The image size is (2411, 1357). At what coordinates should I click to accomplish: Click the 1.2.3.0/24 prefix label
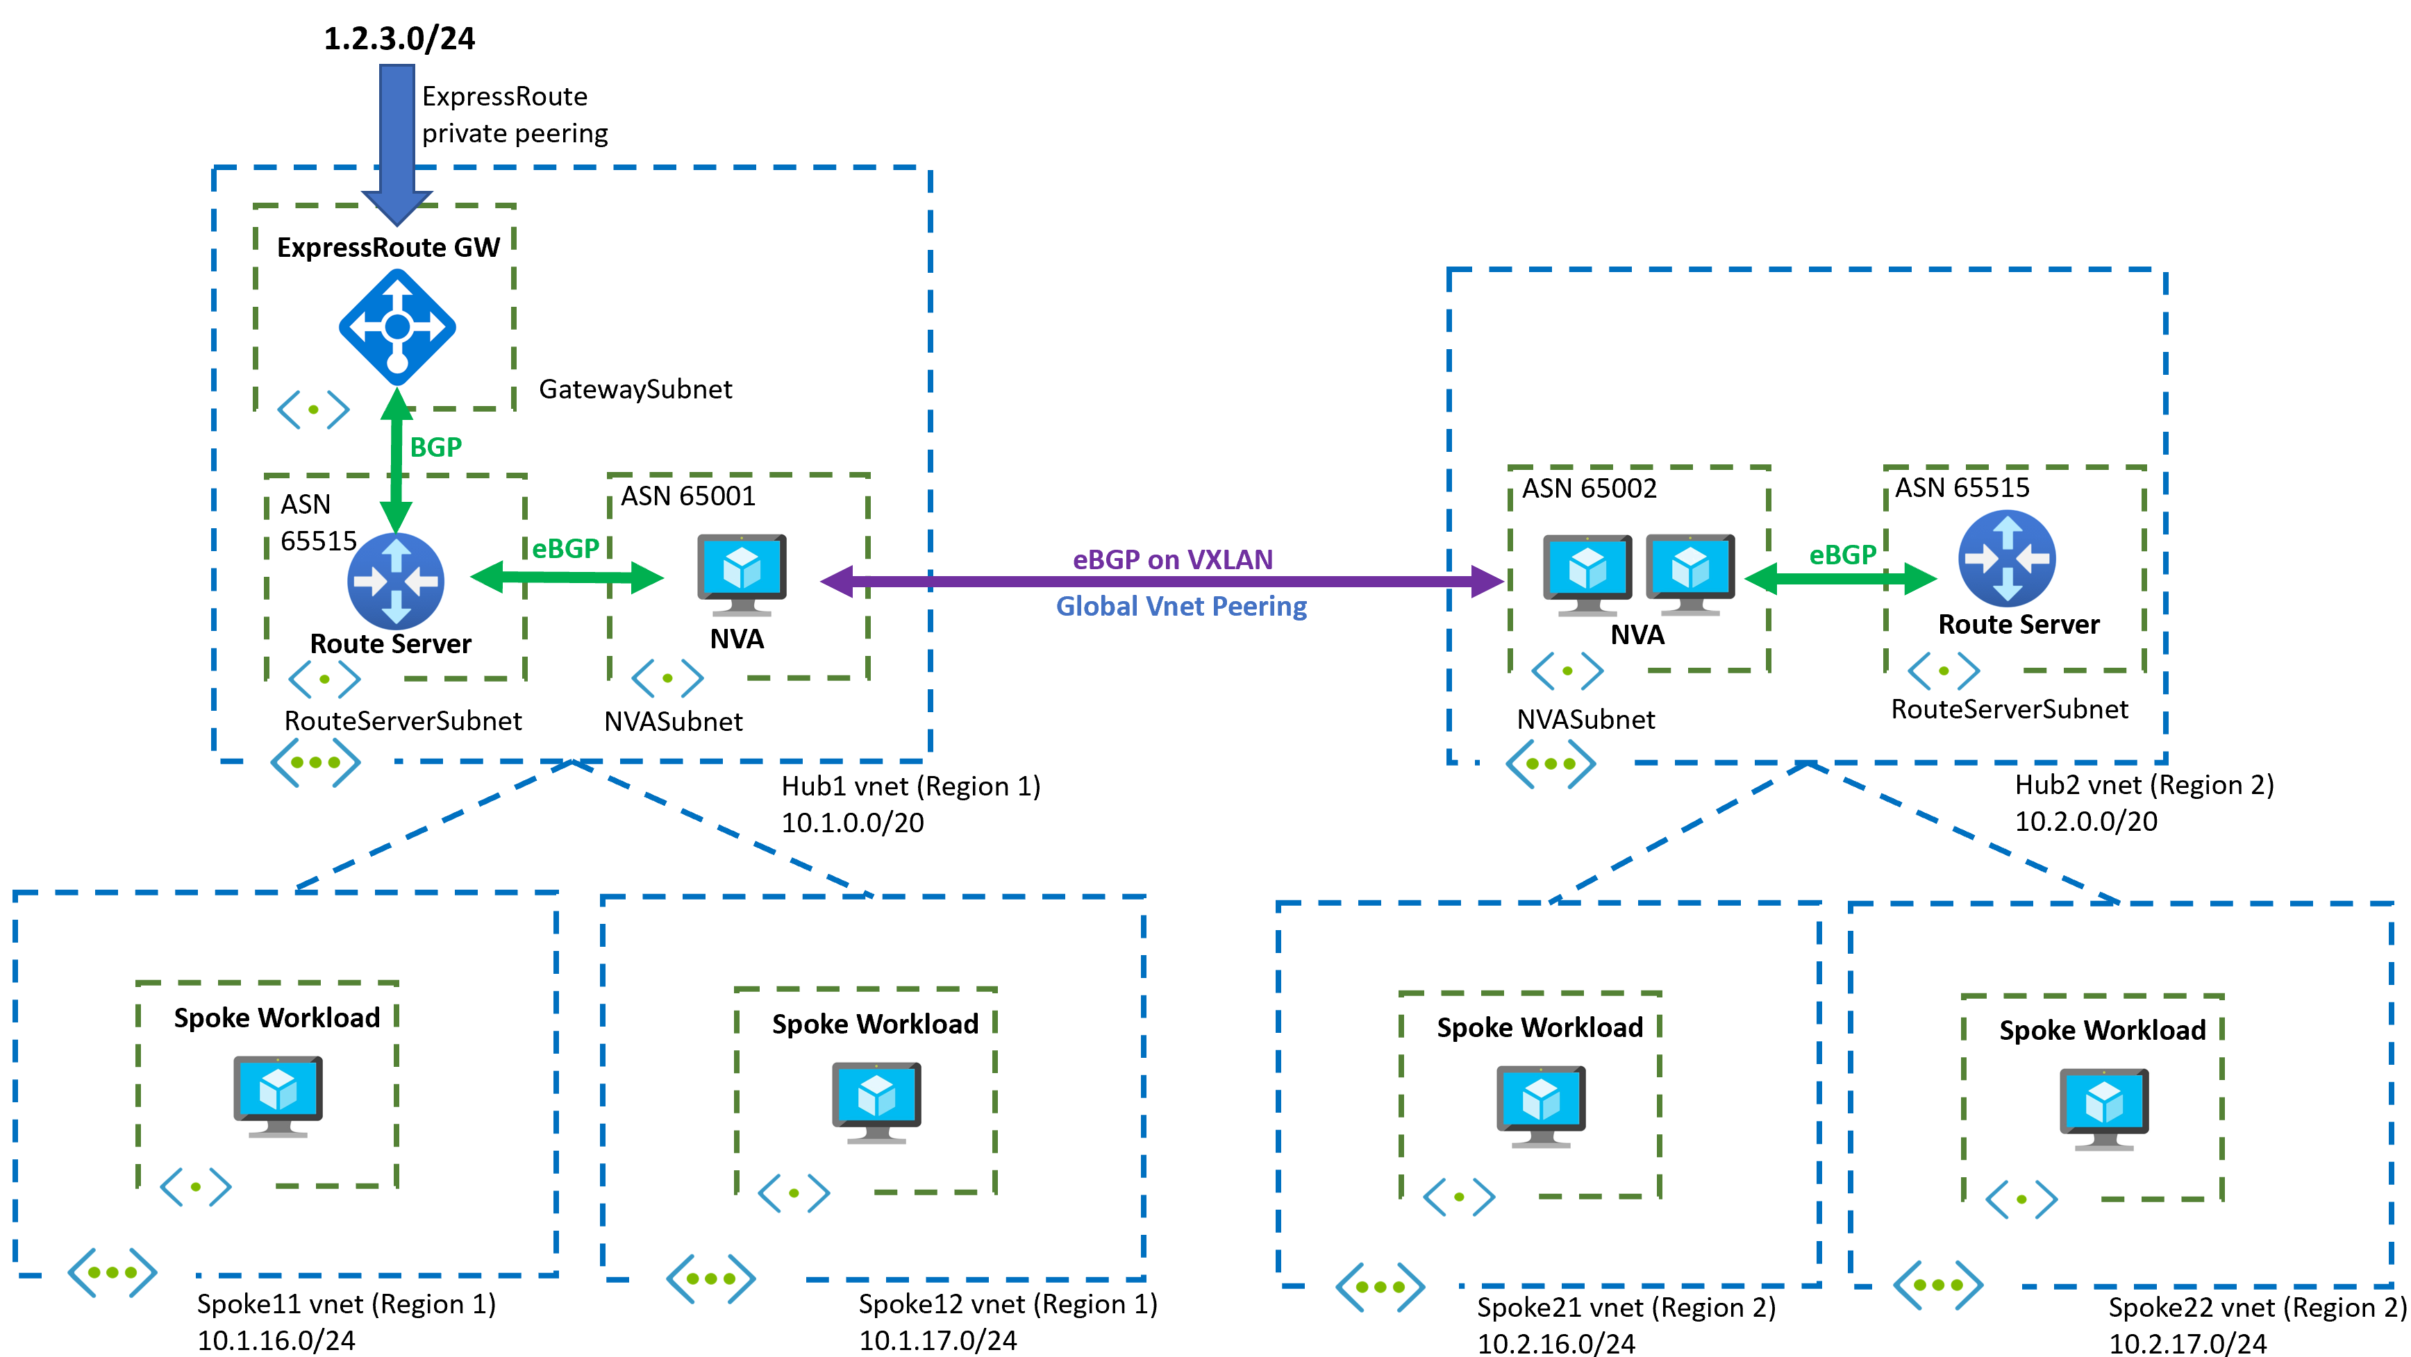tap(400, 38)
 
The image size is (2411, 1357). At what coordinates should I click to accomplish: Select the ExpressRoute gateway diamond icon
tap(397, 327)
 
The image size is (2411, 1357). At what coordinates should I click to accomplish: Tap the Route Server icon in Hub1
tap(395, 580)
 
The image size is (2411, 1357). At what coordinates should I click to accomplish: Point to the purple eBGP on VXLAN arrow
tap(1160, 581)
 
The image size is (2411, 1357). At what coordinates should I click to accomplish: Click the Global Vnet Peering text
tap(1181, 607)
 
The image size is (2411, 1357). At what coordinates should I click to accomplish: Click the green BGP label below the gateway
tap(435, 446)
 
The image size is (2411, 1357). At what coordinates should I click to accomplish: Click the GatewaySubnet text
tap(635, 389)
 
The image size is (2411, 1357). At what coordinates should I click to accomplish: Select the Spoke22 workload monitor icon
tap(2103, 1108)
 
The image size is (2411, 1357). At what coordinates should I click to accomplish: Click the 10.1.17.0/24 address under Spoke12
tap(938, 1340)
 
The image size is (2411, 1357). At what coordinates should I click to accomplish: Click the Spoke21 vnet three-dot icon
tap(1380, 1286)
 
